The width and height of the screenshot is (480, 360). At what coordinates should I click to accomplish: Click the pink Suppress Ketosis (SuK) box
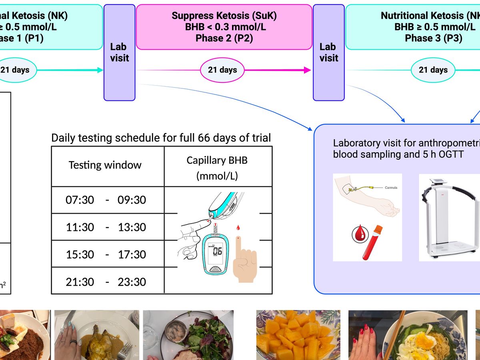(x=224, y=27)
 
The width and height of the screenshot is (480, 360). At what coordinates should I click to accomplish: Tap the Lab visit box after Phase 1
(x=120, y=52)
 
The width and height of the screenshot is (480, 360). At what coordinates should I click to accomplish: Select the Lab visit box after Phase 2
(x=328, y=52)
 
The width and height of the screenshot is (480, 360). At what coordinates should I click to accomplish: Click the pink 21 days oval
(x=222, y=70)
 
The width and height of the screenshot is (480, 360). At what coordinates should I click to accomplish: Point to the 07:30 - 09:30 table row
(x=106, y=200)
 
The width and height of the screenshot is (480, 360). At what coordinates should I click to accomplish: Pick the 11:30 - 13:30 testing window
(x=106, y=227)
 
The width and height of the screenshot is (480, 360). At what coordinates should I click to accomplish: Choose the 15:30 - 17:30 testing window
(x=106, y=254)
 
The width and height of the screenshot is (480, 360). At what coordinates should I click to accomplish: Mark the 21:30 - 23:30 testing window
(x=106, y=282)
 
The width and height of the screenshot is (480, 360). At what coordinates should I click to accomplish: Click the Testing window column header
(x=105, y=165)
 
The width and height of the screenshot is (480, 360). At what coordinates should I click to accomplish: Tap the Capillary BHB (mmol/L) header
(x=217, y=168)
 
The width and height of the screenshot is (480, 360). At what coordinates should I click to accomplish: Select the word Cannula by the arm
(x=391, y=188)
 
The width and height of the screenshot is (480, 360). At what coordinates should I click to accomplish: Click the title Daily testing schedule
(x=161, y=138)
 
